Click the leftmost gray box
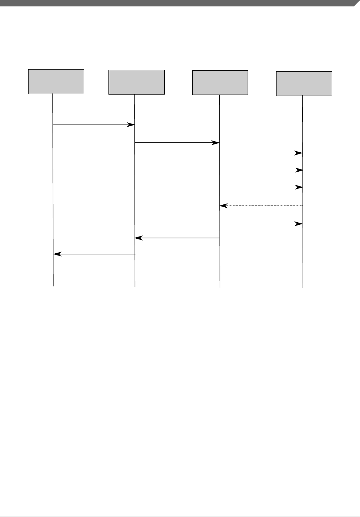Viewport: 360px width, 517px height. coord(56,82)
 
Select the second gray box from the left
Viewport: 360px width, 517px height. coord(137,82)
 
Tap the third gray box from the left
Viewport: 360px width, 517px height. coord(220,83)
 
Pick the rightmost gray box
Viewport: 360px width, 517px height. coord(304,83)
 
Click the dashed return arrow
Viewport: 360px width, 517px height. coord(261,206)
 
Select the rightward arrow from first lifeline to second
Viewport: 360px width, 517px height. coord(93,125)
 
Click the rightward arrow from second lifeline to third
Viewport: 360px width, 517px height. coord(177,143)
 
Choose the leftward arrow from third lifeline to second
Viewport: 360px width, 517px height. coord(177,238)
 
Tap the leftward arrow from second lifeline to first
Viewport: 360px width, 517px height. coord(95,254)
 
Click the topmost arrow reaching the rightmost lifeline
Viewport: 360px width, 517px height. coord(261,153)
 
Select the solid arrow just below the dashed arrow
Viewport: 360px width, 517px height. coord(261,224)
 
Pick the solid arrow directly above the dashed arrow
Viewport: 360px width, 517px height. coord(261,187)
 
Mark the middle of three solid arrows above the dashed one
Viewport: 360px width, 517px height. coord(261,170)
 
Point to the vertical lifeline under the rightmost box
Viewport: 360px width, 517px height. coord(303,250)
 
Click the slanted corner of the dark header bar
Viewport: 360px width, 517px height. coord(356,3)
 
